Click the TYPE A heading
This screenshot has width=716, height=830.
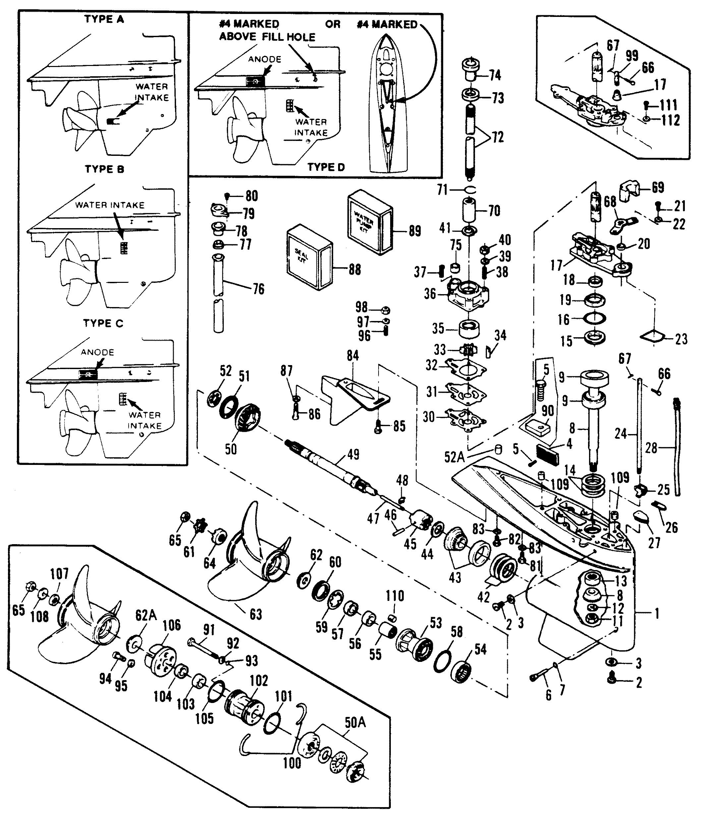pos(104,19)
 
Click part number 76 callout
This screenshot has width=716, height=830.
pos(259,289)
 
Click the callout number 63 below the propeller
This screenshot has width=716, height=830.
pos(256,614)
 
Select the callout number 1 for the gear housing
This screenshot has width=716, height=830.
pos(656,613)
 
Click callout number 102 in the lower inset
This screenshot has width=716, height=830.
pos(259,680)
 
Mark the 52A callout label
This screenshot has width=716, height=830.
pos(454,457)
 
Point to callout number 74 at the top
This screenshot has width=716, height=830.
pos(495,75)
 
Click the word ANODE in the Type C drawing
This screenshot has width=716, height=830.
pos(97,352)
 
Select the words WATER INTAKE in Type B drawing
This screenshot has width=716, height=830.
pos(110,205)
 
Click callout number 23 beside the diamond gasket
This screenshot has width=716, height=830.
pos(681,339)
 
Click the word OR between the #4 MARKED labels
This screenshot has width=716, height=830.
pos(332,25)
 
